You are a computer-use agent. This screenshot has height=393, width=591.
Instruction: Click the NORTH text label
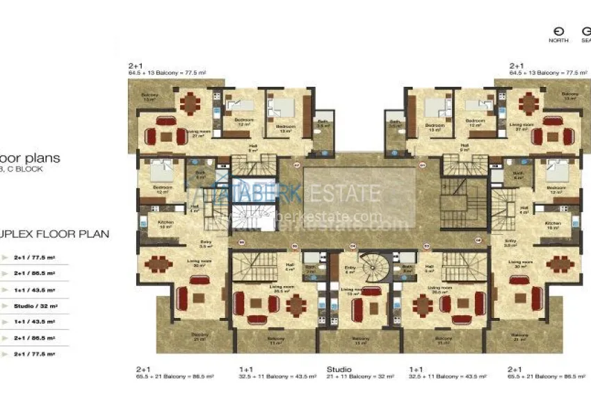[558, 40]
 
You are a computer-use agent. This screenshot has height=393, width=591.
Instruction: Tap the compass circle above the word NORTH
[558, 31]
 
